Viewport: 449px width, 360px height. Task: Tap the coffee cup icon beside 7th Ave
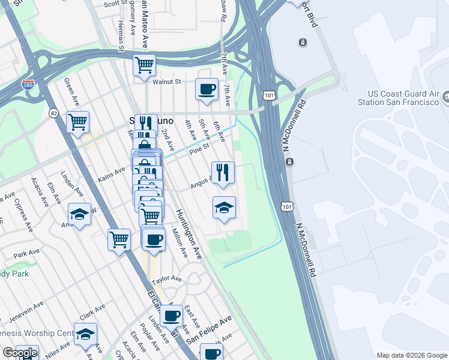click(x=206, y=89)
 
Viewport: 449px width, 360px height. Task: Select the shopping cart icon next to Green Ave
click(x=78, y=122)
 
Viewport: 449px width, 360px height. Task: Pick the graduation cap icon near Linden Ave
click(x=79, y=214)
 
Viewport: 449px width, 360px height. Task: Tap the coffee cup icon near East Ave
click(x=172, y=315)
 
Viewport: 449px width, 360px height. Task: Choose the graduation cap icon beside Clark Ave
click(x=86, y=334)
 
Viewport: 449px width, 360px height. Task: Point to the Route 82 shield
click(x=53, y=113)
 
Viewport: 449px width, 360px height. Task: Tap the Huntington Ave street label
click(x=190, y=234)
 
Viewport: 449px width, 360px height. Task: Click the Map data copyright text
click(x=411, y=355)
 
